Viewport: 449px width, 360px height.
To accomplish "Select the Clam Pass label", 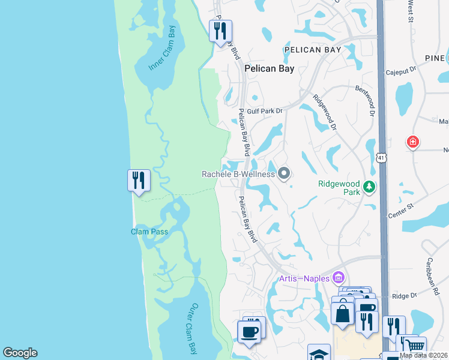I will (x=150, y=232).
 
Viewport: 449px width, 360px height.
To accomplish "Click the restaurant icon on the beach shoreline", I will (x=138, y=180).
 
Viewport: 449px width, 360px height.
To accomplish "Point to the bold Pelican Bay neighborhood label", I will (x=270, y=69).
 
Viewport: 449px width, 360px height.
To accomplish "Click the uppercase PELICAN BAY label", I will (x=313, y=50).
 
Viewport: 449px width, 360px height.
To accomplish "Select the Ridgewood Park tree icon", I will (x=369, y=187).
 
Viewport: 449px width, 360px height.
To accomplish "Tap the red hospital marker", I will (x=412, y=142).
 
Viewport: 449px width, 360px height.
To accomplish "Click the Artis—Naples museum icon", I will (x=338, y=278).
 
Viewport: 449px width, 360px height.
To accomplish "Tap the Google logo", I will (x=20, y=353).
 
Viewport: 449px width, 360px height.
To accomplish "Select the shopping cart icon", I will (x=415, y=346).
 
